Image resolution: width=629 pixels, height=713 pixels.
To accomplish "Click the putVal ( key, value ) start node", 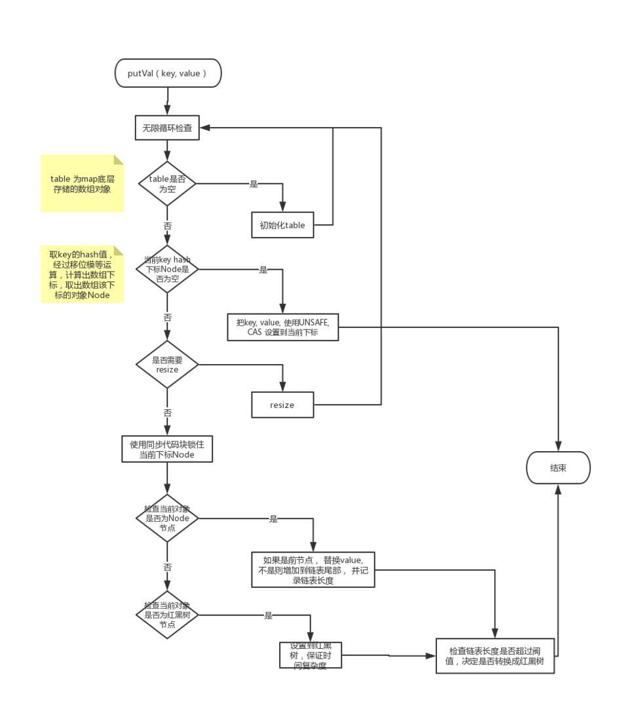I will click(x=168, y=73).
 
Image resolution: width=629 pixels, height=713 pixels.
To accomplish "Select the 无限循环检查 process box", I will click(x=167, y=128).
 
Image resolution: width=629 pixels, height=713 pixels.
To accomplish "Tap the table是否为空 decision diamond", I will click(x=167, y=184).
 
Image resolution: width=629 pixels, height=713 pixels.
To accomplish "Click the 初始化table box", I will click(x=282, y=225).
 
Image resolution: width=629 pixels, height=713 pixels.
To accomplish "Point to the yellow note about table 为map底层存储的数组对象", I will click(x=82, y=184).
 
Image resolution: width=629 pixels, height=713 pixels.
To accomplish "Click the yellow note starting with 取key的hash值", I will click(x=82, y=275).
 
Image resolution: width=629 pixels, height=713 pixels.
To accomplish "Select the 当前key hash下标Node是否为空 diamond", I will click(x=167, y=269).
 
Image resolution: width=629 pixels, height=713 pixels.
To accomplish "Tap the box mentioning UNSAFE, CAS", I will click(x=283, y=327).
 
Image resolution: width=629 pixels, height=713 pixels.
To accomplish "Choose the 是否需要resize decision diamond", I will click(x=167, y=365).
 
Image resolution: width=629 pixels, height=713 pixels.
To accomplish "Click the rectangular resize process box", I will click(x=282, y=405).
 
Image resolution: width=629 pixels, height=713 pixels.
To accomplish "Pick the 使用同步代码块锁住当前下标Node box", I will click(x=167, y=449).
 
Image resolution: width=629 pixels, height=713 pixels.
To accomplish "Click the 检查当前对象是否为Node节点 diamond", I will click(x=167, y=518).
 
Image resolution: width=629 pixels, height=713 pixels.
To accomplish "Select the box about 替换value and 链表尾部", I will click(x=313, y=570).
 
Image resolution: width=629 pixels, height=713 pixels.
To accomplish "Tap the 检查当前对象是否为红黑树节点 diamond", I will click(x=167, y=615).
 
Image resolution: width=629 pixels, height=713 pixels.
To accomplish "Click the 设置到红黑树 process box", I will click(x=311, y=655).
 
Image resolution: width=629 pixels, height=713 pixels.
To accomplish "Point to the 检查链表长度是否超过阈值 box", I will click(x=497, y=656).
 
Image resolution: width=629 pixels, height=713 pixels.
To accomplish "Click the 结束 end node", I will click(x=558, y=468).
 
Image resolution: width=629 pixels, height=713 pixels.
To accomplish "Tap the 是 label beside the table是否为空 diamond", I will click(x=254, y=184).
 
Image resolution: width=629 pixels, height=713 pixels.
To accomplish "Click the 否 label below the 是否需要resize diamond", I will click(x=168, y=413).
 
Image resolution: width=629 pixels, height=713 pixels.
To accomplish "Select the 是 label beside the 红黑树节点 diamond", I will click(x=268, y=615).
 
